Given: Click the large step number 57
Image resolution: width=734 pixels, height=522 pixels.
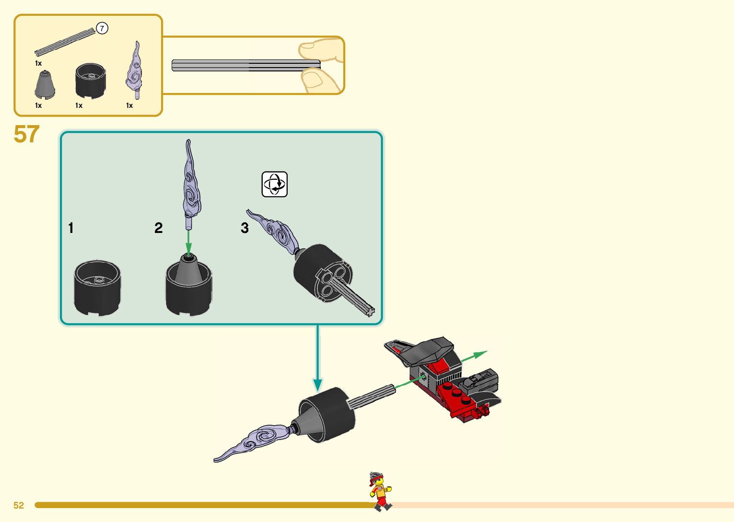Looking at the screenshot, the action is [26, 134].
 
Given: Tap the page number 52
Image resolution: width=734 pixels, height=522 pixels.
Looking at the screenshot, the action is [19, 505].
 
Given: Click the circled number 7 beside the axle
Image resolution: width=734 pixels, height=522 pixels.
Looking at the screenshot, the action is [102, 29].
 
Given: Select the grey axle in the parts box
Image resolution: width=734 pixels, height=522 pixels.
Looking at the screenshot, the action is [65, 42].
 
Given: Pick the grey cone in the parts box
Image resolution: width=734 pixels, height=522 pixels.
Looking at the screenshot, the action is [45, 85].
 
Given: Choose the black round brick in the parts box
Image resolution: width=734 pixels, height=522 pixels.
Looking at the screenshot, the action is [90, 80].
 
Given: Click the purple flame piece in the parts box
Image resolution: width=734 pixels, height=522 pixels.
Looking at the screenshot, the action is [135, 70].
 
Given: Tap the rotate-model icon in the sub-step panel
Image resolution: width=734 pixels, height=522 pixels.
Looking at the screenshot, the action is [274, 184].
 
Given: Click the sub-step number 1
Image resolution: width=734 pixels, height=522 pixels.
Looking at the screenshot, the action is [71, 228].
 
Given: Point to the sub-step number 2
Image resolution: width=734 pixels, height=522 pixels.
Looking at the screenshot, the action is [159, 228].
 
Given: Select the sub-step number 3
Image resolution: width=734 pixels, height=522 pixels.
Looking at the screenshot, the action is [245, 228].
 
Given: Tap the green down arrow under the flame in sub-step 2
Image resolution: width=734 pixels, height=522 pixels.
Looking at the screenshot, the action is [189, 247].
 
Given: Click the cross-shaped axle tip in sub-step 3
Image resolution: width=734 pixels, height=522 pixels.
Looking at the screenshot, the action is [370, 312].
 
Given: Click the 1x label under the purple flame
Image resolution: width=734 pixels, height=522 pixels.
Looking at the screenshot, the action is [129, 105].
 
